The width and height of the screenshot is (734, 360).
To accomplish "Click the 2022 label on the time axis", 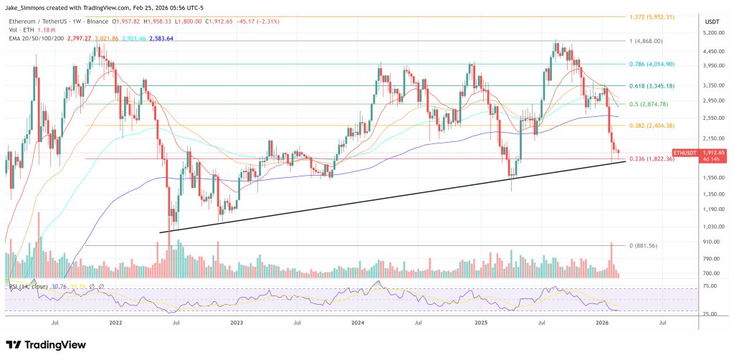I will (116, 323).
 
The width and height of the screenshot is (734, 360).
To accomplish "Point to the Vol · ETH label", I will (22, 31).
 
